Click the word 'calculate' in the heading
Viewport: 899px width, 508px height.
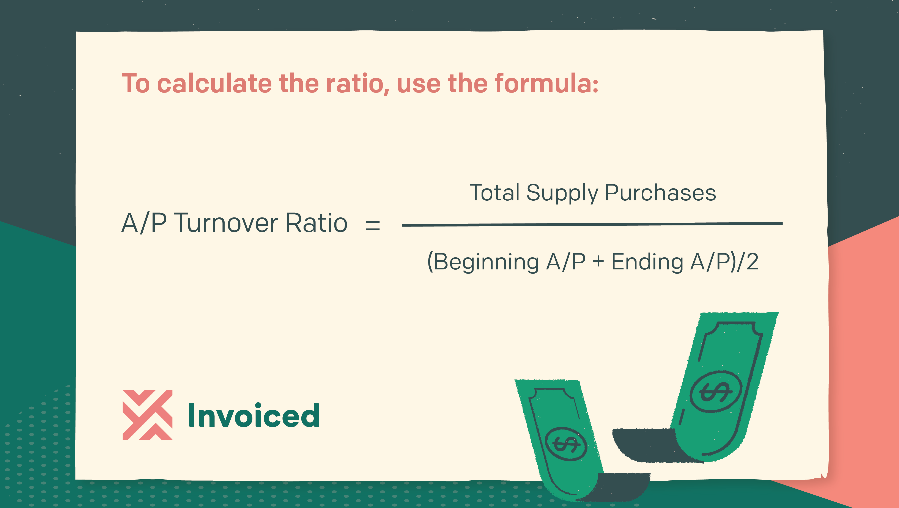tap(214, 84)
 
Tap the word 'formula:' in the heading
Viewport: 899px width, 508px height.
tap(546, 84)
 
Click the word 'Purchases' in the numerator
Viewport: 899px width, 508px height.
tap(660, 193)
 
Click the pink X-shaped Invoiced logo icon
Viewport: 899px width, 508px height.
tap(147, 415)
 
